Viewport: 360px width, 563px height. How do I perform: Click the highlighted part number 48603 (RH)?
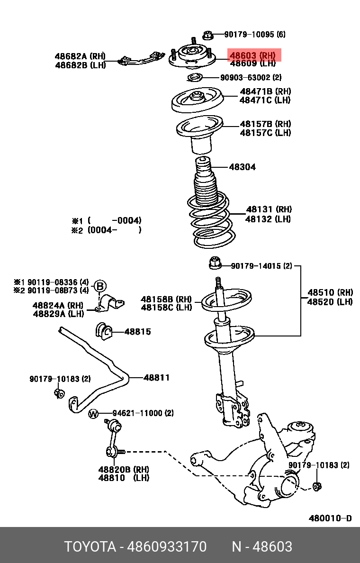click(252, 55)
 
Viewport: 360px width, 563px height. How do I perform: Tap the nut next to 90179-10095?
click(207, 35)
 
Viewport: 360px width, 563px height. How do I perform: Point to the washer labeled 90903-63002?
click(194, 78)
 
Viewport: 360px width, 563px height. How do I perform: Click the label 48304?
click(243, 167)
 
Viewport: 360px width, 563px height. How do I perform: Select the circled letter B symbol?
click(100, 286)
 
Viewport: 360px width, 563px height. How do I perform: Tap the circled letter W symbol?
click(93, 414)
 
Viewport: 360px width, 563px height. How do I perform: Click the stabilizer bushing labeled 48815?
click(103, 331)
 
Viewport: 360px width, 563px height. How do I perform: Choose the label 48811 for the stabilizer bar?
click(156, 378)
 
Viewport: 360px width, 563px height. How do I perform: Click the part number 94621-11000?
click(143, 413)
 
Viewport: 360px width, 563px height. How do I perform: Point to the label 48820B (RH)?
click(124, 469)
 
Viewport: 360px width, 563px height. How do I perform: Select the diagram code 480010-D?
click(330, 518)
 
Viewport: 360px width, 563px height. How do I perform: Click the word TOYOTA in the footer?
click(90, 547)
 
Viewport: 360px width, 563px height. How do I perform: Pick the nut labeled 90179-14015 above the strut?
click(214, 261)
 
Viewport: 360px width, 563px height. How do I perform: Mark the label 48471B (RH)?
click(265, 91)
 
